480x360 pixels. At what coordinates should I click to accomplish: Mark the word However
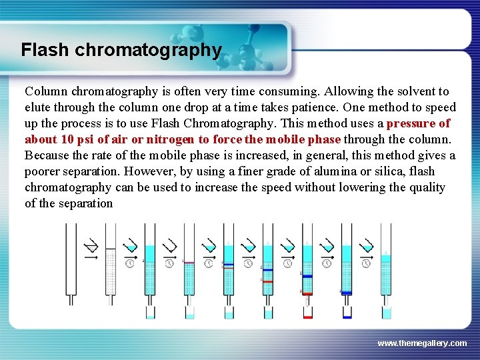point(152,171)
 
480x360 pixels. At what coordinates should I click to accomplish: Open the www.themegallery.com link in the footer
point(422,343)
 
